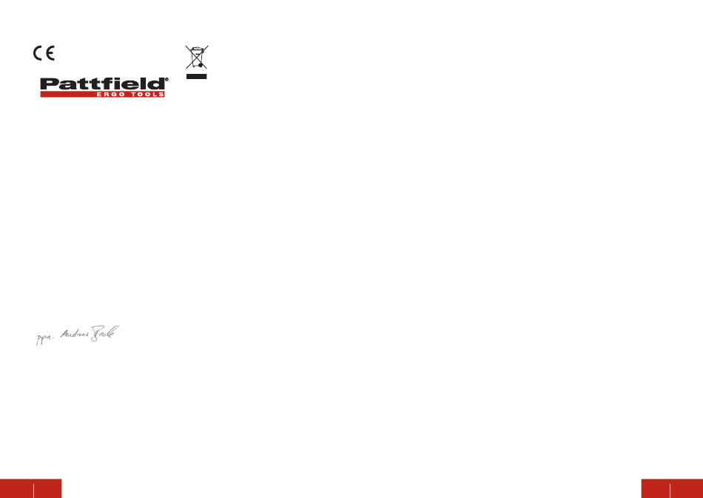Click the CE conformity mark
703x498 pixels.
[x=43, y=54]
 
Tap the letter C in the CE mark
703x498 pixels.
[x=37, y=54]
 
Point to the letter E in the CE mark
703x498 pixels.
[x=50, y=54]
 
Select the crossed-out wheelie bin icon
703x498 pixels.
[x=196, y=58]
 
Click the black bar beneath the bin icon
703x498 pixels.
[x=196, y=75]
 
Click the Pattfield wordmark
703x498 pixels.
[x=102, y=84]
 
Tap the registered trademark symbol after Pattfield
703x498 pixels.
[x=166, y=79]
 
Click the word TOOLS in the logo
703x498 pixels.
[x=145, y=95]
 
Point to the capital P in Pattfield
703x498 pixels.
[x=49, y=84]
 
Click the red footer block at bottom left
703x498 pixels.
[x=30, y=488]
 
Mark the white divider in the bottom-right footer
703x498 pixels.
[x=670, y=488]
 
